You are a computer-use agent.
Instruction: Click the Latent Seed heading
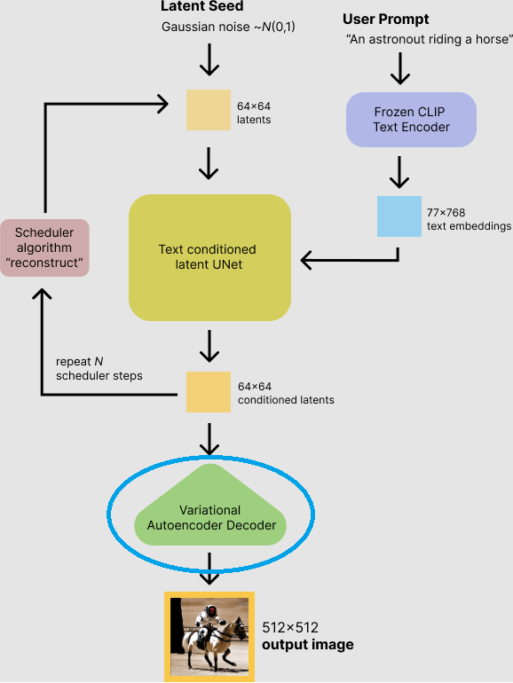[201, 6]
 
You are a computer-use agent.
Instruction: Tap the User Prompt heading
[385, 20]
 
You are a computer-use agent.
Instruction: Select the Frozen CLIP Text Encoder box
[411, 120]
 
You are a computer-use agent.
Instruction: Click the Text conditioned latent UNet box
[209, 257]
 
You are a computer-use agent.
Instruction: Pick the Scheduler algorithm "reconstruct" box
[44, 247]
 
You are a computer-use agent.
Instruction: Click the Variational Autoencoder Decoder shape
[210, 506]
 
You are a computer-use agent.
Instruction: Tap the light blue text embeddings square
[399, 216]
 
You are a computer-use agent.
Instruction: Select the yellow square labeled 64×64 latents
[209, 110]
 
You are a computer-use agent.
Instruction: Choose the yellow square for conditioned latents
[209, 391]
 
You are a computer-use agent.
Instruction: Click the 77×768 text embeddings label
[469, 219]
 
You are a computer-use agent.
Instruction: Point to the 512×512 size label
[290, 628]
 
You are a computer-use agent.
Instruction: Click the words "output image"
[308, 645]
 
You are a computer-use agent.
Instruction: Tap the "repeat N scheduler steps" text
[99, 368]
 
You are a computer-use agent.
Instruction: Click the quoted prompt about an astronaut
[430, 39]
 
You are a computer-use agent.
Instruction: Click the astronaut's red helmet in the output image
[211, 610]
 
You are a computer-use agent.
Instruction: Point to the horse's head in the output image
[240, 627]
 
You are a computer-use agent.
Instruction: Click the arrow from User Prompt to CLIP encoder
[399, 68]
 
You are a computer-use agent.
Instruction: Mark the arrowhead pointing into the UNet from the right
[306, 261]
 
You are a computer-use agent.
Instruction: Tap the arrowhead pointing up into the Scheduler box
[42, 294]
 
